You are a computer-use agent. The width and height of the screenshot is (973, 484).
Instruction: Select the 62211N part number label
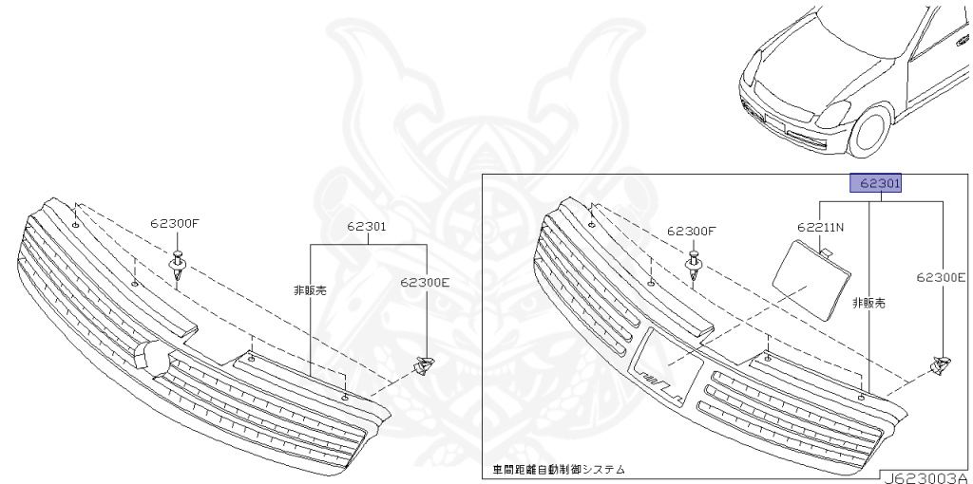820,228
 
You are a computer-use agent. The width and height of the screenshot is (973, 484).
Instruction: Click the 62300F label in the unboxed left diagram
175,225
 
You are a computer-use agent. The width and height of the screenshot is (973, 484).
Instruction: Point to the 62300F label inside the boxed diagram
692,231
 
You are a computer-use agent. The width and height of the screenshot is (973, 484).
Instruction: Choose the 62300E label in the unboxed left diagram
425,282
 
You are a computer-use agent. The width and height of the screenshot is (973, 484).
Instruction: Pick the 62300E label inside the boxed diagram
941,277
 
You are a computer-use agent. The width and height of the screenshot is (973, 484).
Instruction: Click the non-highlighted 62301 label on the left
366,227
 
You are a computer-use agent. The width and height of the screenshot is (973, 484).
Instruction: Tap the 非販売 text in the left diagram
310,290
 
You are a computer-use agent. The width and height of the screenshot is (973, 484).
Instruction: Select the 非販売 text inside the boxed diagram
868,303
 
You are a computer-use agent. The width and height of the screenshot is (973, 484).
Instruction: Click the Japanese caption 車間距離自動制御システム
559,469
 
